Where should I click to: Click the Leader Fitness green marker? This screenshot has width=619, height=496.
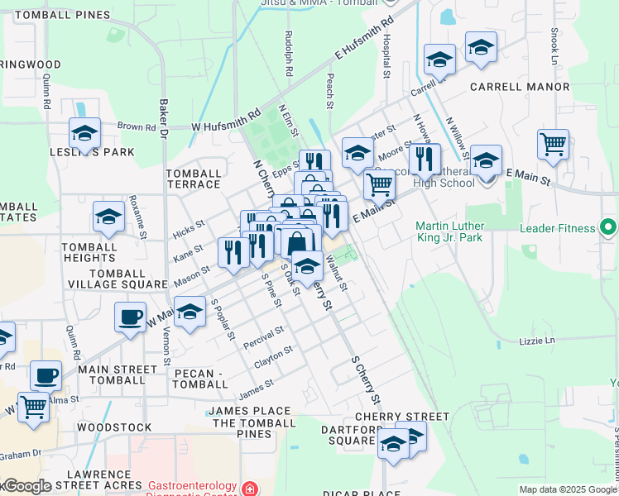[609, 227]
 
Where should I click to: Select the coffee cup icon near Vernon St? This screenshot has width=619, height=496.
[130, 317]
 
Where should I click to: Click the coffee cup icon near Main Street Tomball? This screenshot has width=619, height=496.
[46, 376]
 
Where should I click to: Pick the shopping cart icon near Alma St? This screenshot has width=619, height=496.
[33, 407]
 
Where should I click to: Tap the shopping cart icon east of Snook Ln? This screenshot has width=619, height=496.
[553, 145]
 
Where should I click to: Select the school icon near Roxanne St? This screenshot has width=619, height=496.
[108, 217]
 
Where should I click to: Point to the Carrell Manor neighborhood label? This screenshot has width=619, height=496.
[519, 86]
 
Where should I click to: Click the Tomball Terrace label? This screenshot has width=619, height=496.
[194, 179]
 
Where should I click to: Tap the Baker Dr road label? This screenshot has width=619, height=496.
[164, 120]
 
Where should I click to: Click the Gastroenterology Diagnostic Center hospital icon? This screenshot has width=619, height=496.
[248, 489]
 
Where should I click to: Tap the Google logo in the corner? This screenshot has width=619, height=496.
[26, 486]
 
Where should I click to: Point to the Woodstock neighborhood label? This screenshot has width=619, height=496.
[113, 427]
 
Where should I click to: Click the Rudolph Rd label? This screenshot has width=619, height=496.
[289, 54]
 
